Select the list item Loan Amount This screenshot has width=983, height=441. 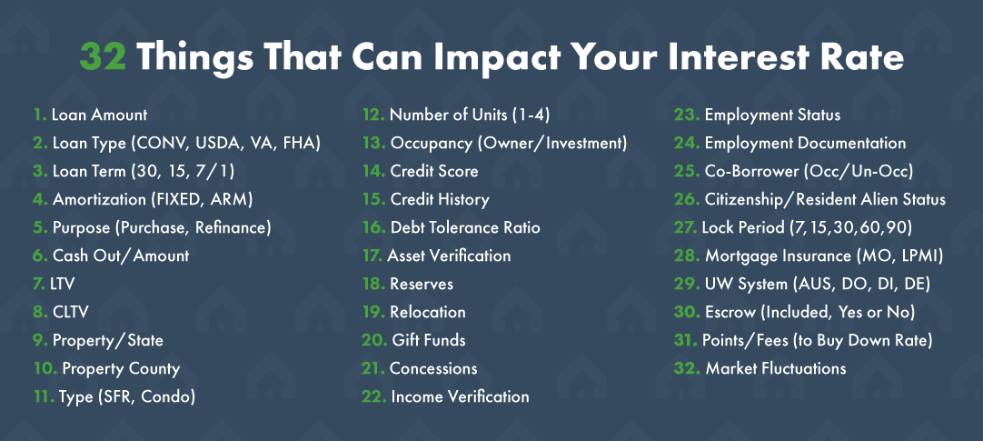[99, 115]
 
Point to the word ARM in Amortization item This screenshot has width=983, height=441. [232, 200]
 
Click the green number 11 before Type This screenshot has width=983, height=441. [42, 396]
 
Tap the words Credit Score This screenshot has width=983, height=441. [434, 171]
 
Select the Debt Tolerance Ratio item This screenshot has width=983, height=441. [464, 227]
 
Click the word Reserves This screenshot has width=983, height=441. [422, 284]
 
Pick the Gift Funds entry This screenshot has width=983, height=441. [428, 340]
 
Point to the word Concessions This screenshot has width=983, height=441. [433, 368]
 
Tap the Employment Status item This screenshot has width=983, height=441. [772, 115]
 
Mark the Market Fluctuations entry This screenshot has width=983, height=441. [776, 368]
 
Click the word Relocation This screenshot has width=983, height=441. [428, 312]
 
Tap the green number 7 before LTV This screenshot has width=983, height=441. [38, 284]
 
